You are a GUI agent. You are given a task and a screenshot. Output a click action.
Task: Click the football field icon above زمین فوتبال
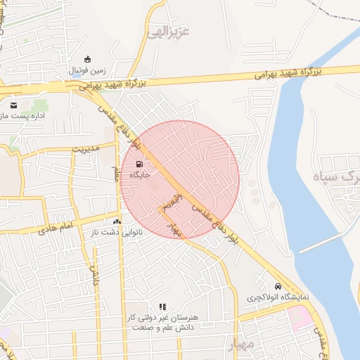coord(87,60)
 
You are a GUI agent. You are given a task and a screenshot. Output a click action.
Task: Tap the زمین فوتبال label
coord(87,71)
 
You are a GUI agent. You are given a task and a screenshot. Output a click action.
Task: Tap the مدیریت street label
coord(83,148)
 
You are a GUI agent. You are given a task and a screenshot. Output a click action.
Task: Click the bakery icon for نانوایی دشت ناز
coord(117,221)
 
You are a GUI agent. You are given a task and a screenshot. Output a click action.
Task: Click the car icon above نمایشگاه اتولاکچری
coord(278,287)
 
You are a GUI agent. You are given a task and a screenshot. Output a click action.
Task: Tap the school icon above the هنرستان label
coord(162,307)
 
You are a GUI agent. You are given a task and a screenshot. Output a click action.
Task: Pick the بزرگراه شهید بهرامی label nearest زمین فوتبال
coord(111,84)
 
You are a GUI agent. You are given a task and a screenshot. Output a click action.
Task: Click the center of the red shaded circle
coord(180,180)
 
